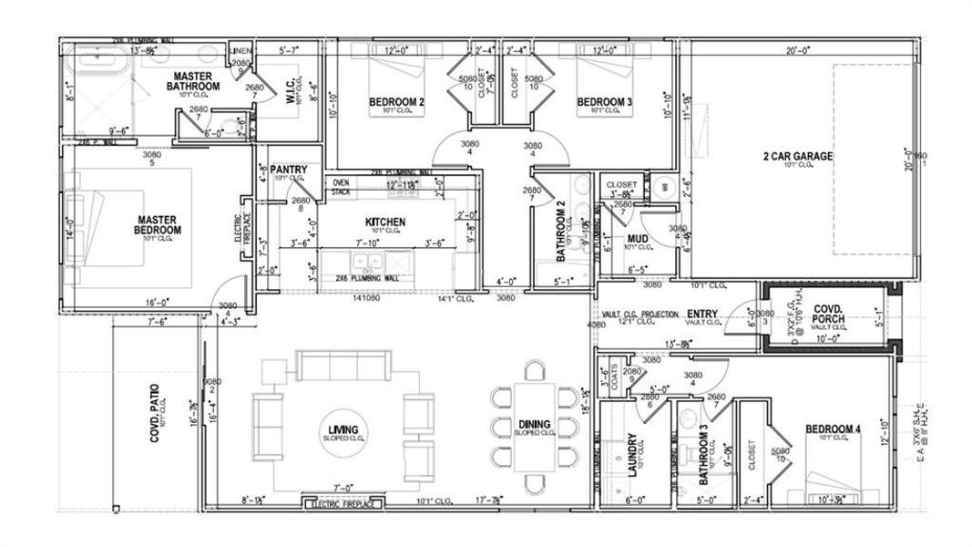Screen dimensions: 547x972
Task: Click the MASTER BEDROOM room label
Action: [159, 224]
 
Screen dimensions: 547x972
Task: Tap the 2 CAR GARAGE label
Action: [797, 157]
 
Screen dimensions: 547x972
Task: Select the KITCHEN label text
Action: [385, 222]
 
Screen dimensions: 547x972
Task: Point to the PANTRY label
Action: [290, 170]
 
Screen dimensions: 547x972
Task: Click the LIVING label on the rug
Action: [343, 429]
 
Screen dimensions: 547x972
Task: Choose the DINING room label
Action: [535, 424]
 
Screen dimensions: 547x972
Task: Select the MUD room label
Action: [637, 240]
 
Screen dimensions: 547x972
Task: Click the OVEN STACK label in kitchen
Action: [341, 187]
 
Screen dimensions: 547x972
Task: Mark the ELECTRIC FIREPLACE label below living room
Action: [342, 503]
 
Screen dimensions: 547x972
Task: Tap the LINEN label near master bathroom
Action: [240, 50]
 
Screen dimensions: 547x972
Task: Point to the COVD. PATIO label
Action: [155, 415]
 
